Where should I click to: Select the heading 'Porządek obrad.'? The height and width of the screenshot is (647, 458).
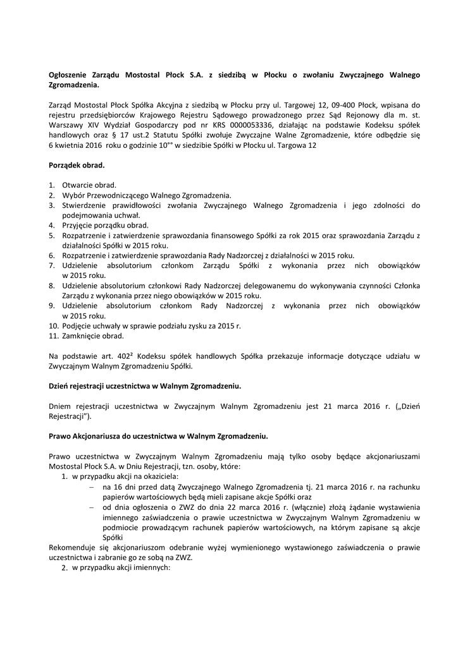[77, 165]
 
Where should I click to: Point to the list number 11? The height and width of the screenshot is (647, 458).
[53, 336]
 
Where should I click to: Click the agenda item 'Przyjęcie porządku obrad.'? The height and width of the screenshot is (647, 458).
[105, 225]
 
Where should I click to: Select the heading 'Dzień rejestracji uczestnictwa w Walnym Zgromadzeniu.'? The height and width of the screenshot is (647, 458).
[145, 385]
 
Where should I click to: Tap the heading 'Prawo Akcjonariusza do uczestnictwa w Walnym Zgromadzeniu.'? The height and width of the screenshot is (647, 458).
[158, 436]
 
